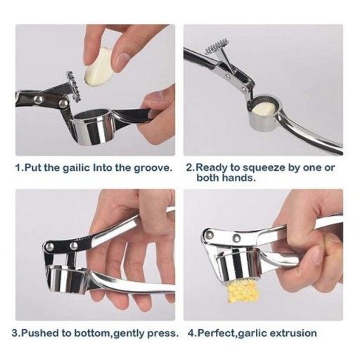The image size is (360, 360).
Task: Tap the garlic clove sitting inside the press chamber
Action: (265, 108)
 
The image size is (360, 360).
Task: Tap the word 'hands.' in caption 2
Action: (238, 178)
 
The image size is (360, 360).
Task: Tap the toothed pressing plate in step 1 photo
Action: (72, 86)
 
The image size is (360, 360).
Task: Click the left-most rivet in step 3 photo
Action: (49, 246)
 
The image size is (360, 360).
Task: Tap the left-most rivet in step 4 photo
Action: (210, 234)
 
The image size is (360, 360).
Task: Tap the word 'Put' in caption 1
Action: (33, 168)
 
